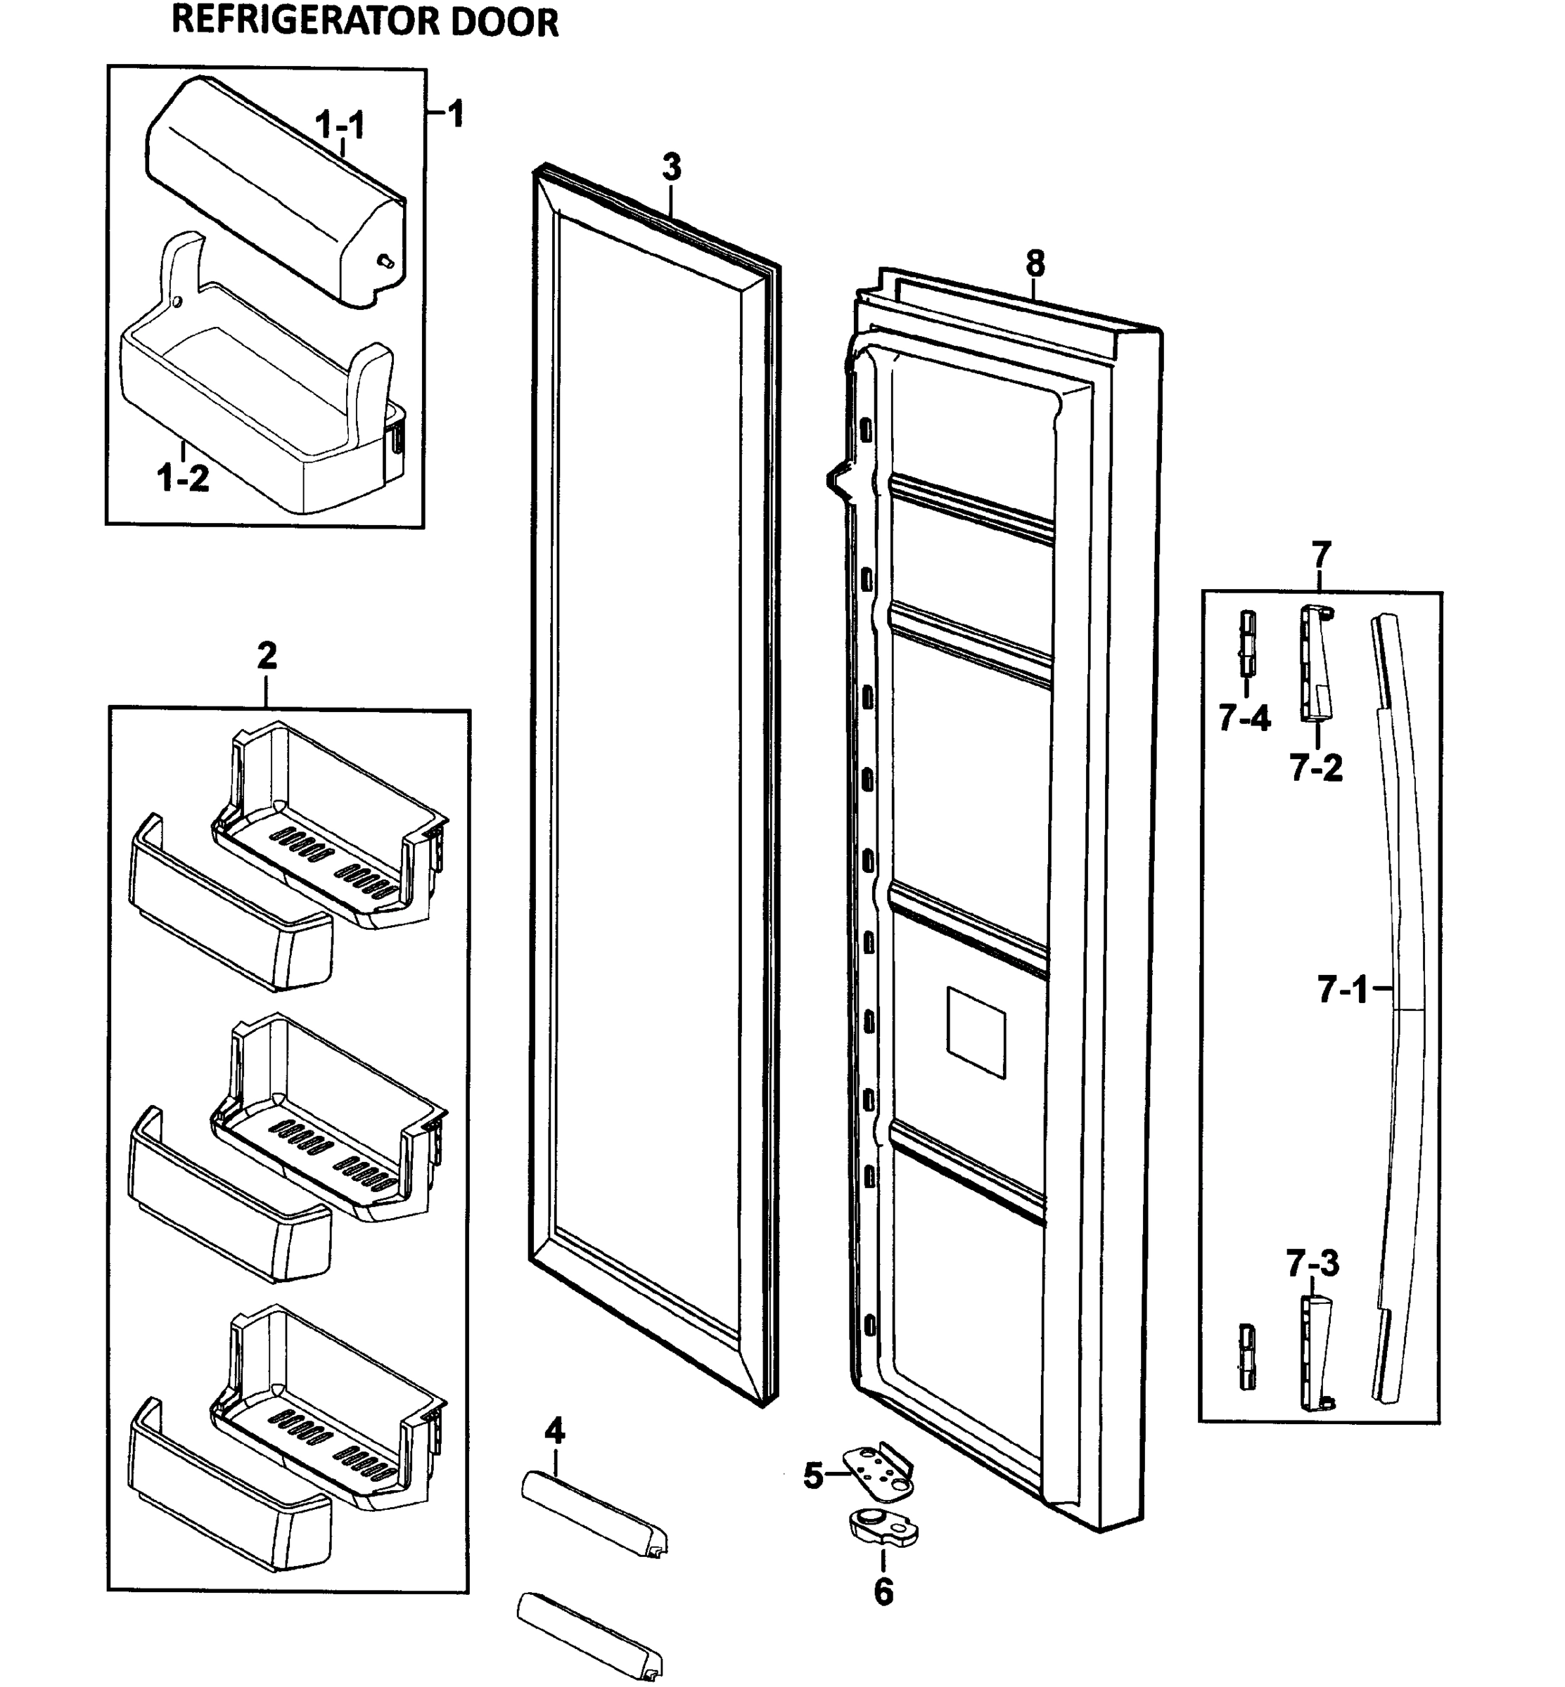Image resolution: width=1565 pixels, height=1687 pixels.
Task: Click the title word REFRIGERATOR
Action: (306, 22)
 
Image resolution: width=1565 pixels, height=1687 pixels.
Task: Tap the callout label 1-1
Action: (340, 125)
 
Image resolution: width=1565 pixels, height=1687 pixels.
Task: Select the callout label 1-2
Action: (183, 479)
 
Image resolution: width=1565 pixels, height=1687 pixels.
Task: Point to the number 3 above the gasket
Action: (671, 167)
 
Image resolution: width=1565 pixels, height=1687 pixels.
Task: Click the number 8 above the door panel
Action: (1035, 264)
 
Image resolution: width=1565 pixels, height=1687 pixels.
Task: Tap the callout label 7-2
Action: (1316, 768)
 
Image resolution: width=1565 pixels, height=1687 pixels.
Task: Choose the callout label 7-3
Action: (1312, 1288)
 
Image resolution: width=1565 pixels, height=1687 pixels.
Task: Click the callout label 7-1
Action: (1342, 990)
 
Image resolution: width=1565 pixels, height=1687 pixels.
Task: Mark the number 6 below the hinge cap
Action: (883, 1592)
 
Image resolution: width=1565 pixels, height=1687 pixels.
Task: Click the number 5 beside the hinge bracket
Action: (813, 1476)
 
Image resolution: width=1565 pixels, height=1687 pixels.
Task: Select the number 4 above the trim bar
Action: (555, 1431)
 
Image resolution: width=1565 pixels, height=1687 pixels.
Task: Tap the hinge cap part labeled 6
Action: (883, 1527)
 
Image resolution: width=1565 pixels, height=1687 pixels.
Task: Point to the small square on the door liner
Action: (976, 1032)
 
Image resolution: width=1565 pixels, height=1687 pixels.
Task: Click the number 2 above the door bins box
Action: (266, 655)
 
